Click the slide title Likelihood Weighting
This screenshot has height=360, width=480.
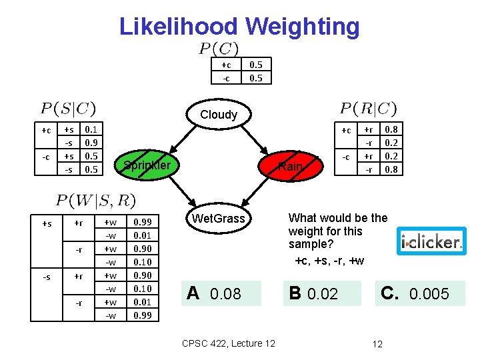point(239,27)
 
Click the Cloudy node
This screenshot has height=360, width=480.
point(219,114)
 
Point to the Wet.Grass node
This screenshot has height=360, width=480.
point(219,219)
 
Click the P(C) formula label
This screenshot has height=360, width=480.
point(219,49)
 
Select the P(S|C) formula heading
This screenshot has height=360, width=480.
point(68,108)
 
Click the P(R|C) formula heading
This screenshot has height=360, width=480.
point(369,108)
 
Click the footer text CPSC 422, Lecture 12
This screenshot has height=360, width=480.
point(228,343)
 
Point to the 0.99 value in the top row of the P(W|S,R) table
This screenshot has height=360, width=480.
point(143,223)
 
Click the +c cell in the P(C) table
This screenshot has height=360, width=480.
point(226,65)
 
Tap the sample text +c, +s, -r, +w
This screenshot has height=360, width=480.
point(329,260)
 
